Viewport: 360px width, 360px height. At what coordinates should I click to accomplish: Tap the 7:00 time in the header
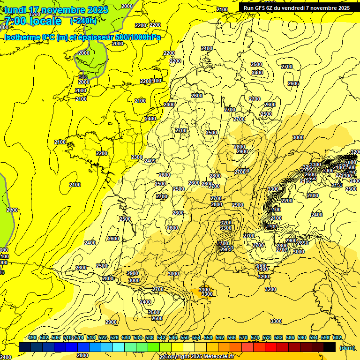point(15,21)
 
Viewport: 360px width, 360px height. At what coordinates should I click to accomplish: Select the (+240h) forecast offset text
point(83,21)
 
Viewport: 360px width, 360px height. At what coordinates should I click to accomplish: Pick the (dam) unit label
point(346,348)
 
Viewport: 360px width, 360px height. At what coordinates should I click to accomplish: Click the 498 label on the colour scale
point(32,337)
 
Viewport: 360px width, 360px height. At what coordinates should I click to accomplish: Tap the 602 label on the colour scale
point(337,337)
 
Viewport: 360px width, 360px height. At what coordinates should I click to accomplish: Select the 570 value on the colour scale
point(243,337)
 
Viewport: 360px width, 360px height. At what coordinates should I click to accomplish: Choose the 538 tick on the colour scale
point(150,337)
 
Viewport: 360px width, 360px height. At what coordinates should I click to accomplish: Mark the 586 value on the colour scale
point(290,337)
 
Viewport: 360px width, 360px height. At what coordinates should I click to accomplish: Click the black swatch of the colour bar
point(330,347)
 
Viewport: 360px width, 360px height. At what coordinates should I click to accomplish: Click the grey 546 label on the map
point(83,77)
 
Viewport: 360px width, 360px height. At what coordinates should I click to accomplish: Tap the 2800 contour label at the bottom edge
point(82,356)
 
